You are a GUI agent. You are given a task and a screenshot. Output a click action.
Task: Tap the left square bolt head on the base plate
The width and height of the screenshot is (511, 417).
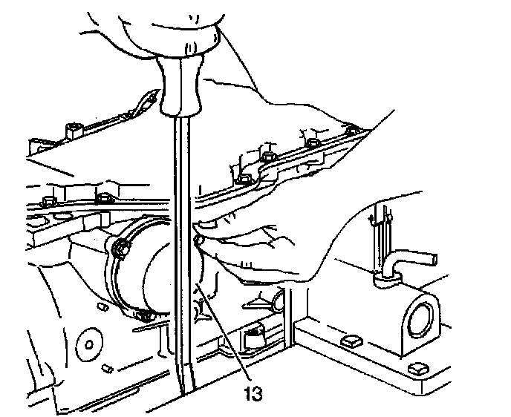tap(349, 341)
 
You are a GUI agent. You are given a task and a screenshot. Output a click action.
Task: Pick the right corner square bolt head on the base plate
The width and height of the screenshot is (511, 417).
tap(417, 368)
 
